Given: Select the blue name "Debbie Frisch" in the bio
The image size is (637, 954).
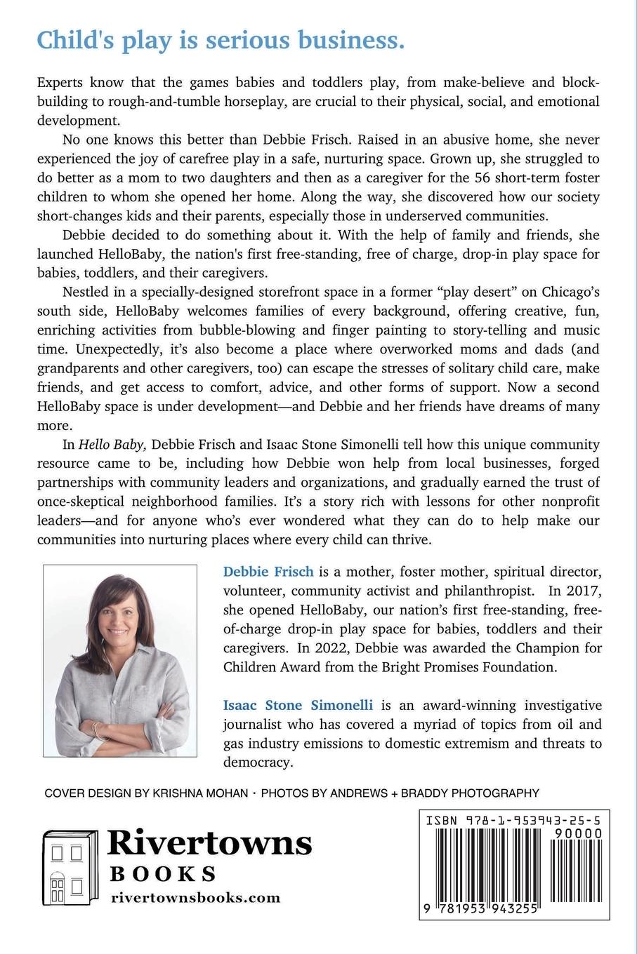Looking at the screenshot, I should [x=268, y=572].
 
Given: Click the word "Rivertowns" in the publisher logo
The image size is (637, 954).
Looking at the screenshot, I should [x=209, y=842].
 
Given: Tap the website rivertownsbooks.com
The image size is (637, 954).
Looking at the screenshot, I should [x=196, y=898].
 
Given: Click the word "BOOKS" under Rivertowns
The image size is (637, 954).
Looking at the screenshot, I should [x=163, y=873].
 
